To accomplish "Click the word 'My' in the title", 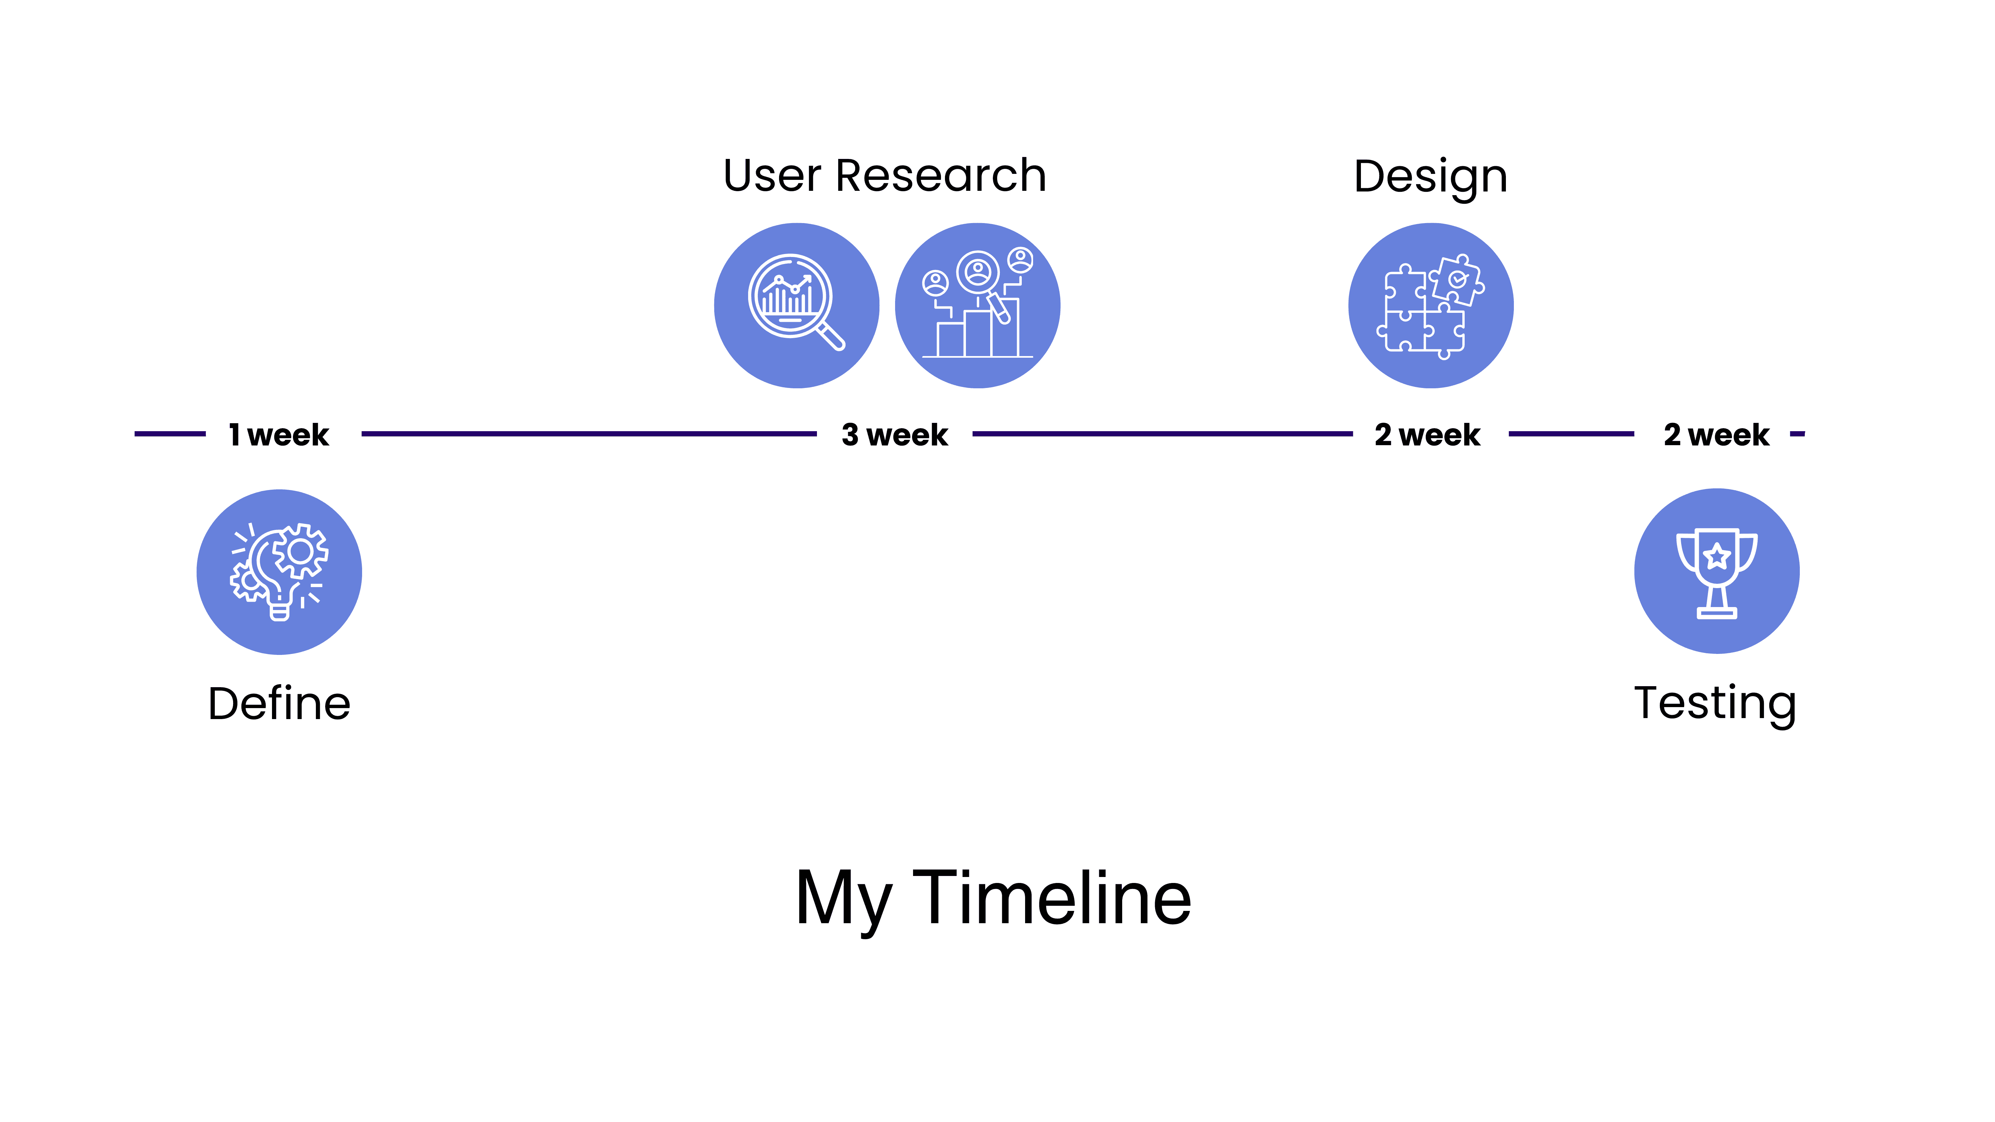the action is coord(843,901).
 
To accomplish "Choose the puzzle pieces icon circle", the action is coord(1431,306).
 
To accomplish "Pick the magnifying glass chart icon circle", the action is coord(797,306).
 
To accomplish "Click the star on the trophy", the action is coord(1717,555).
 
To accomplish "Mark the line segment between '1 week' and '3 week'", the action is coord(590,435).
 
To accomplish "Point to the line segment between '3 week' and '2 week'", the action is coord(1162,435).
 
